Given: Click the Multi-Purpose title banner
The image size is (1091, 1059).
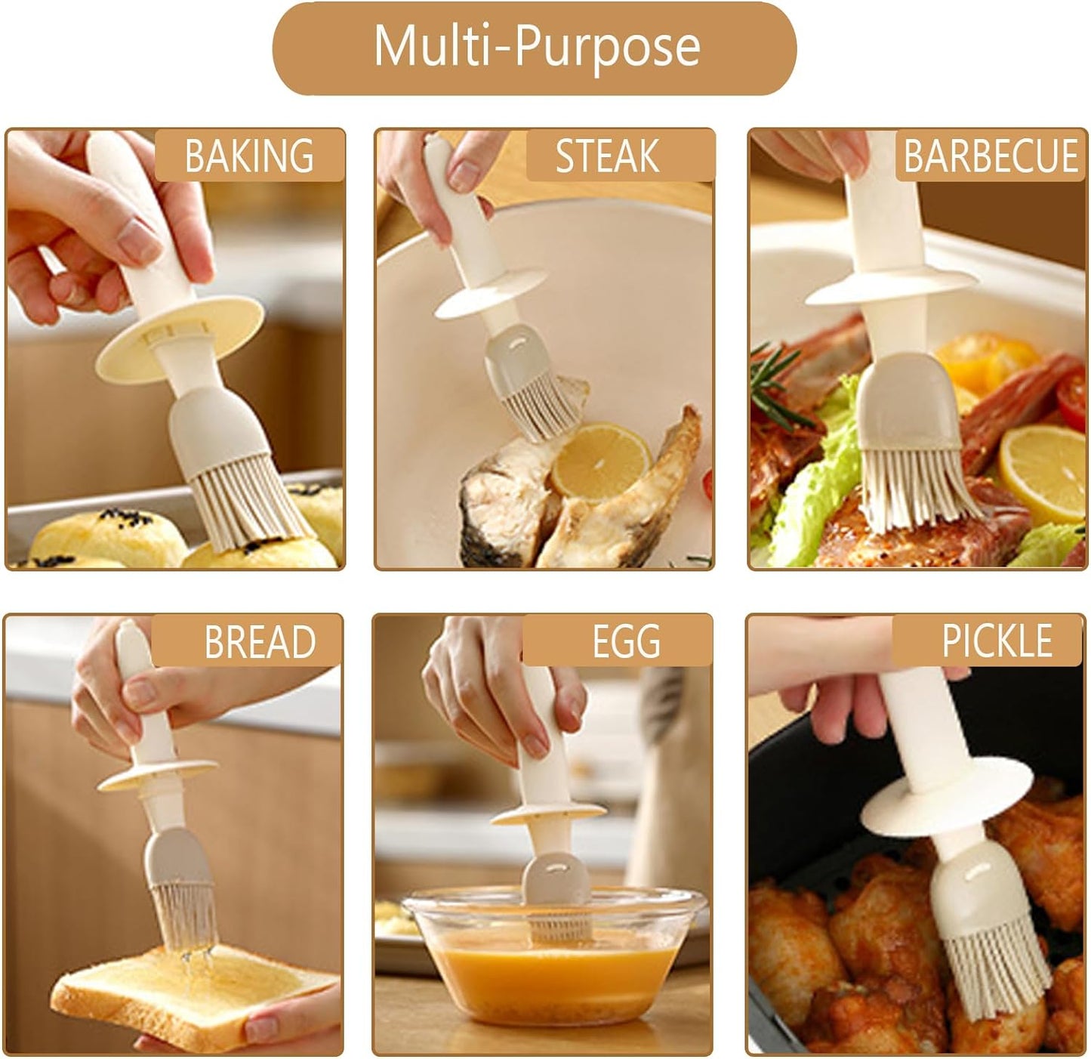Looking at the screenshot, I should [x=535, y=48].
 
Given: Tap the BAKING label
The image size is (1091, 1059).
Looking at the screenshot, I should [x=249, y=156].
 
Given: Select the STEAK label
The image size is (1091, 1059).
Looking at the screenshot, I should [x=608, y=156].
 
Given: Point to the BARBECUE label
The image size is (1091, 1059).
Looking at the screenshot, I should [x=991, y=156].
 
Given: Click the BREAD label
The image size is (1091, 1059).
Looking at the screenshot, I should [x=259, y=642].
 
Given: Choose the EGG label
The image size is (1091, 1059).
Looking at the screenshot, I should [x=626, y=642].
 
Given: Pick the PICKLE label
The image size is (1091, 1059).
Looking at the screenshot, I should [x=997, y=642].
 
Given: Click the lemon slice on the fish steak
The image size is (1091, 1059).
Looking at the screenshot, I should [x=600, y=461].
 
